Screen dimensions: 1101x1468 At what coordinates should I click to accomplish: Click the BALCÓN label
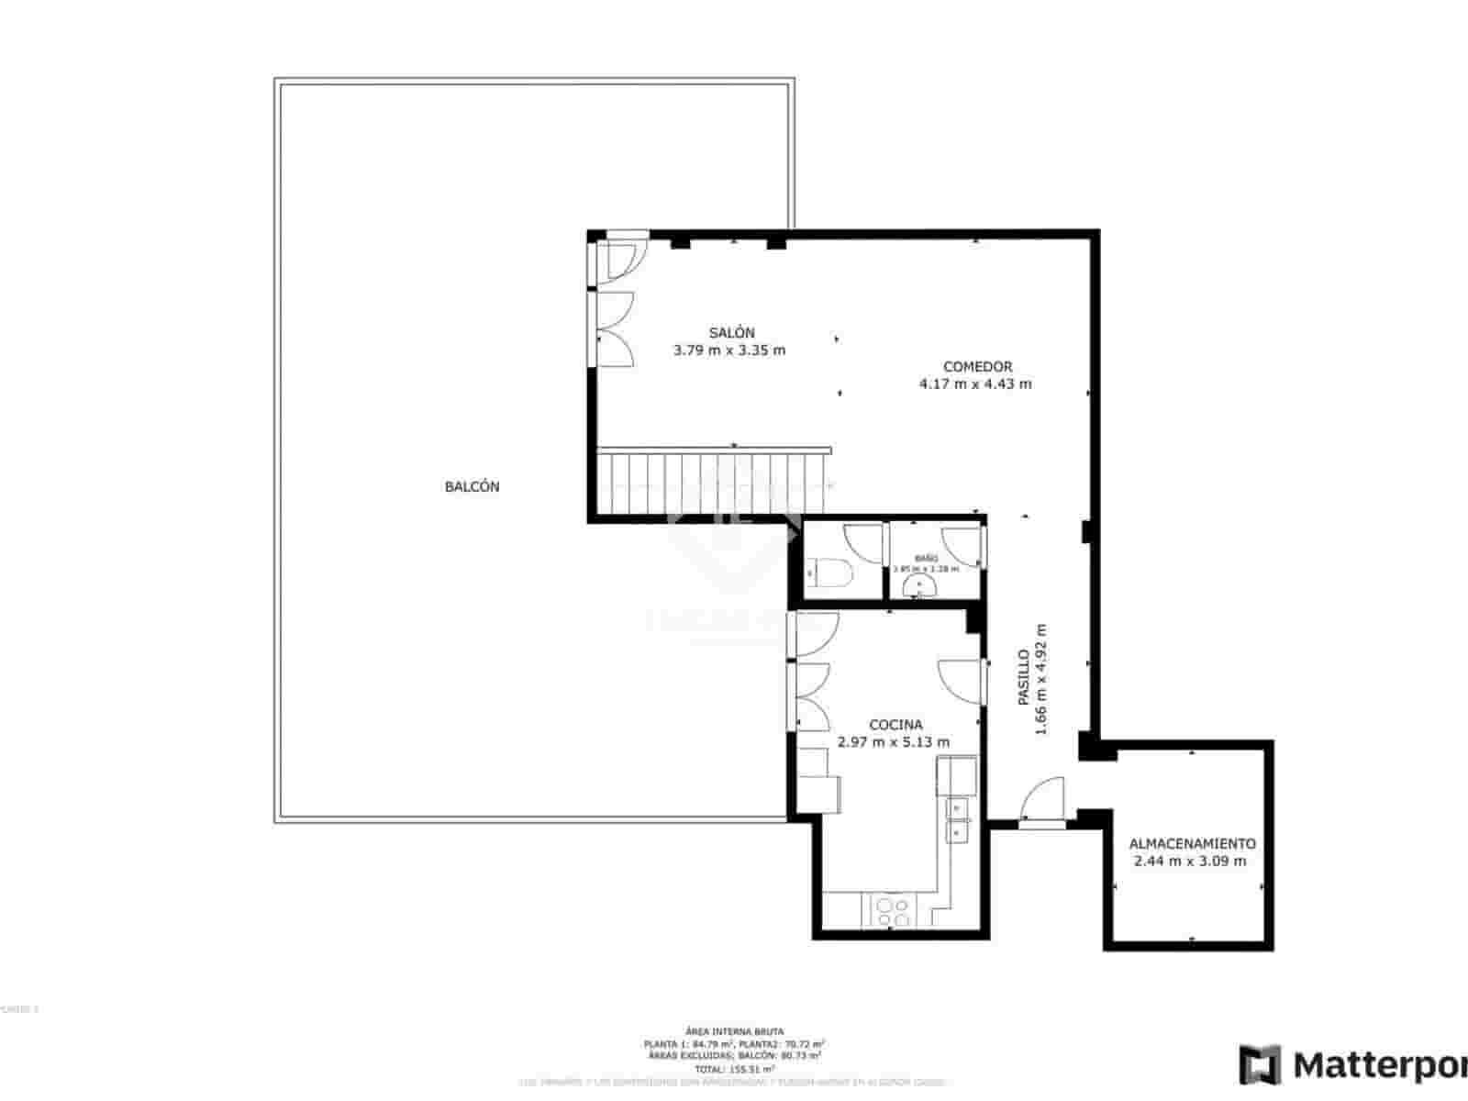tap(472, 487)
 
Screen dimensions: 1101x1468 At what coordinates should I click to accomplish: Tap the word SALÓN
tap(731, 333)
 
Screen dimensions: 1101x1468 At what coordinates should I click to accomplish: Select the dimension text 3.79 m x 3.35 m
tap(729, 350)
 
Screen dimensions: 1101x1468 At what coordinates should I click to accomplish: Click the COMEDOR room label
tap(977, 367)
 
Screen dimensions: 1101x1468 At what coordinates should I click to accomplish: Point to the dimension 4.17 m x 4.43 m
tap(975, 384)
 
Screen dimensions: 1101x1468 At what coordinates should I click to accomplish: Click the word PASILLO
tap(1024, 677)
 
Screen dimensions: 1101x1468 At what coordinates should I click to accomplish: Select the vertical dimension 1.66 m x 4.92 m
tap(1041, 679)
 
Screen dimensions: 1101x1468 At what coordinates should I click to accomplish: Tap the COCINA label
tap(895, 725)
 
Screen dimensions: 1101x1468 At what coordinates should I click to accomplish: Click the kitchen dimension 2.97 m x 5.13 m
tap(894, 742)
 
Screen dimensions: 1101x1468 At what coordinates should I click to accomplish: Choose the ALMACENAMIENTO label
tap(1192, 844)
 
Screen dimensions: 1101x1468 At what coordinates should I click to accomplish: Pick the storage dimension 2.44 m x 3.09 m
tap(1190, 862)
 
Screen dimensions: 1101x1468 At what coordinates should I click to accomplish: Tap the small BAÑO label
tap(926, 558)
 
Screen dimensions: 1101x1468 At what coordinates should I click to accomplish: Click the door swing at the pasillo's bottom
tap(1043, 799)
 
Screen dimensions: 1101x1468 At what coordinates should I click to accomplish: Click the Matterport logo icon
tap(1260, 1064)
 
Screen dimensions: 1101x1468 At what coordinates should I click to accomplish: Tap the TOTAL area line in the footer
tap(734, 1069)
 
